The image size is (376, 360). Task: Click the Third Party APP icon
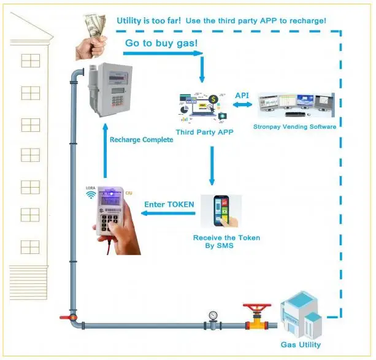[202, 107]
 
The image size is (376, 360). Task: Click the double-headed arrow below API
[242, 107]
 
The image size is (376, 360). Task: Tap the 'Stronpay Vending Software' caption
[294, 127]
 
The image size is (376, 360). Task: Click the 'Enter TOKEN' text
[169, 204]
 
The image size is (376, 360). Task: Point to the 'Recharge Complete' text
[141, 140]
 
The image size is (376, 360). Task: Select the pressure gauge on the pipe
[212, 316]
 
